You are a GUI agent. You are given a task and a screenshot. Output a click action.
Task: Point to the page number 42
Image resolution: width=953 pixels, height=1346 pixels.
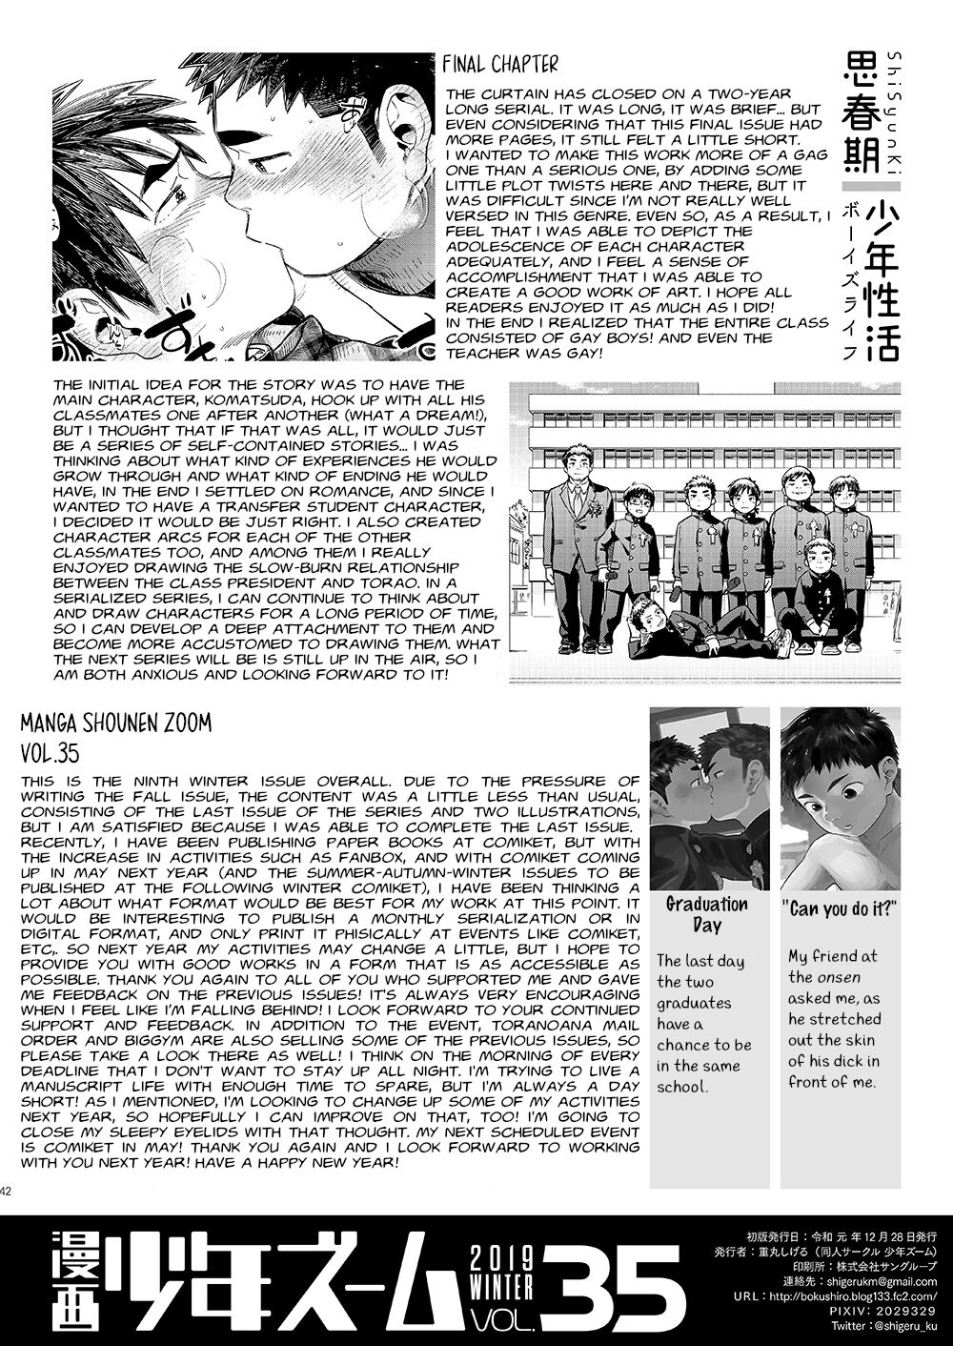[7, 1189]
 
